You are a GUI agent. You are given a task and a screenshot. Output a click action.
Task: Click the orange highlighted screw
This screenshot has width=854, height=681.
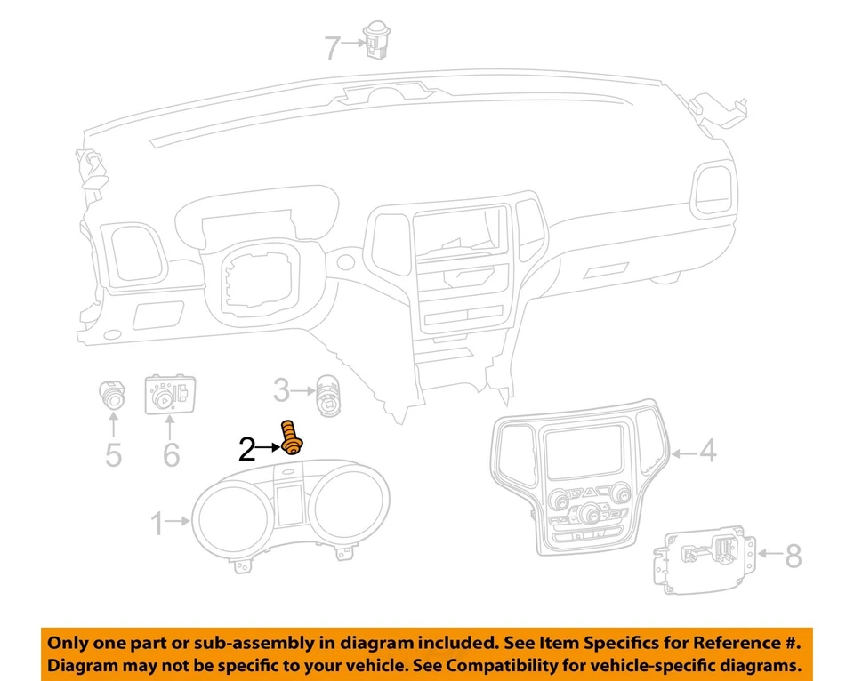[291, 437]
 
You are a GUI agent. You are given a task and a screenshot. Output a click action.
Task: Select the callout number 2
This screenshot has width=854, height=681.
[247, 450]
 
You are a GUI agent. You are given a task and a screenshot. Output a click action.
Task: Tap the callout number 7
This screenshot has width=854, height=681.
[332, 47]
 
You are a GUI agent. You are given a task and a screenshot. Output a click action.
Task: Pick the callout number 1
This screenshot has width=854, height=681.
[157, 525]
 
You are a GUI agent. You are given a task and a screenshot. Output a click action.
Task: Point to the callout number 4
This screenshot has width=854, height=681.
[707, 453]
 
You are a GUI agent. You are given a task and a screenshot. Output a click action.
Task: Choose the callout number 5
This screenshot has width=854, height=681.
[113, 453]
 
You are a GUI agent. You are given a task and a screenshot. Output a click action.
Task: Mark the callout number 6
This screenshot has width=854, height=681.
[171, 453]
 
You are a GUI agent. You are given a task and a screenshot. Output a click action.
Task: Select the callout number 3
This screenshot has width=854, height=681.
[281, 389]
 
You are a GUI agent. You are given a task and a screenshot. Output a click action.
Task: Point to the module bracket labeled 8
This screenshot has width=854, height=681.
[709, 556]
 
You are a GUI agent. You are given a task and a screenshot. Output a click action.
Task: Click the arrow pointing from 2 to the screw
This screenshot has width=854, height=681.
[269, 449]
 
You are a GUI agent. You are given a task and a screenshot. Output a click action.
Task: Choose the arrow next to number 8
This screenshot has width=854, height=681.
[768, 557]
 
